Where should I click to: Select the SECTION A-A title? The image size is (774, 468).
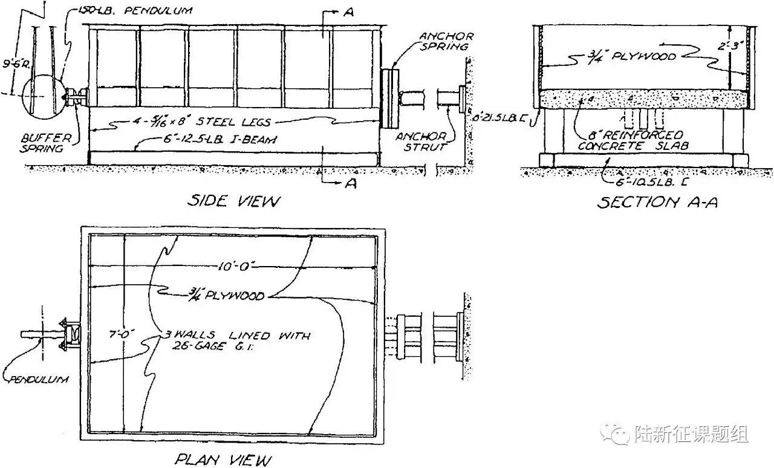657,202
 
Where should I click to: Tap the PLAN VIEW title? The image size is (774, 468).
223,460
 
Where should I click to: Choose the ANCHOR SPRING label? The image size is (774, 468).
447,41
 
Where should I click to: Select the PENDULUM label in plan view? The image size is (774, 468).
37,380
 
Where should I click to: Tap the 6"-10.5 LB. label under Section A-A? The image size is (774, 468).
645,178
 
